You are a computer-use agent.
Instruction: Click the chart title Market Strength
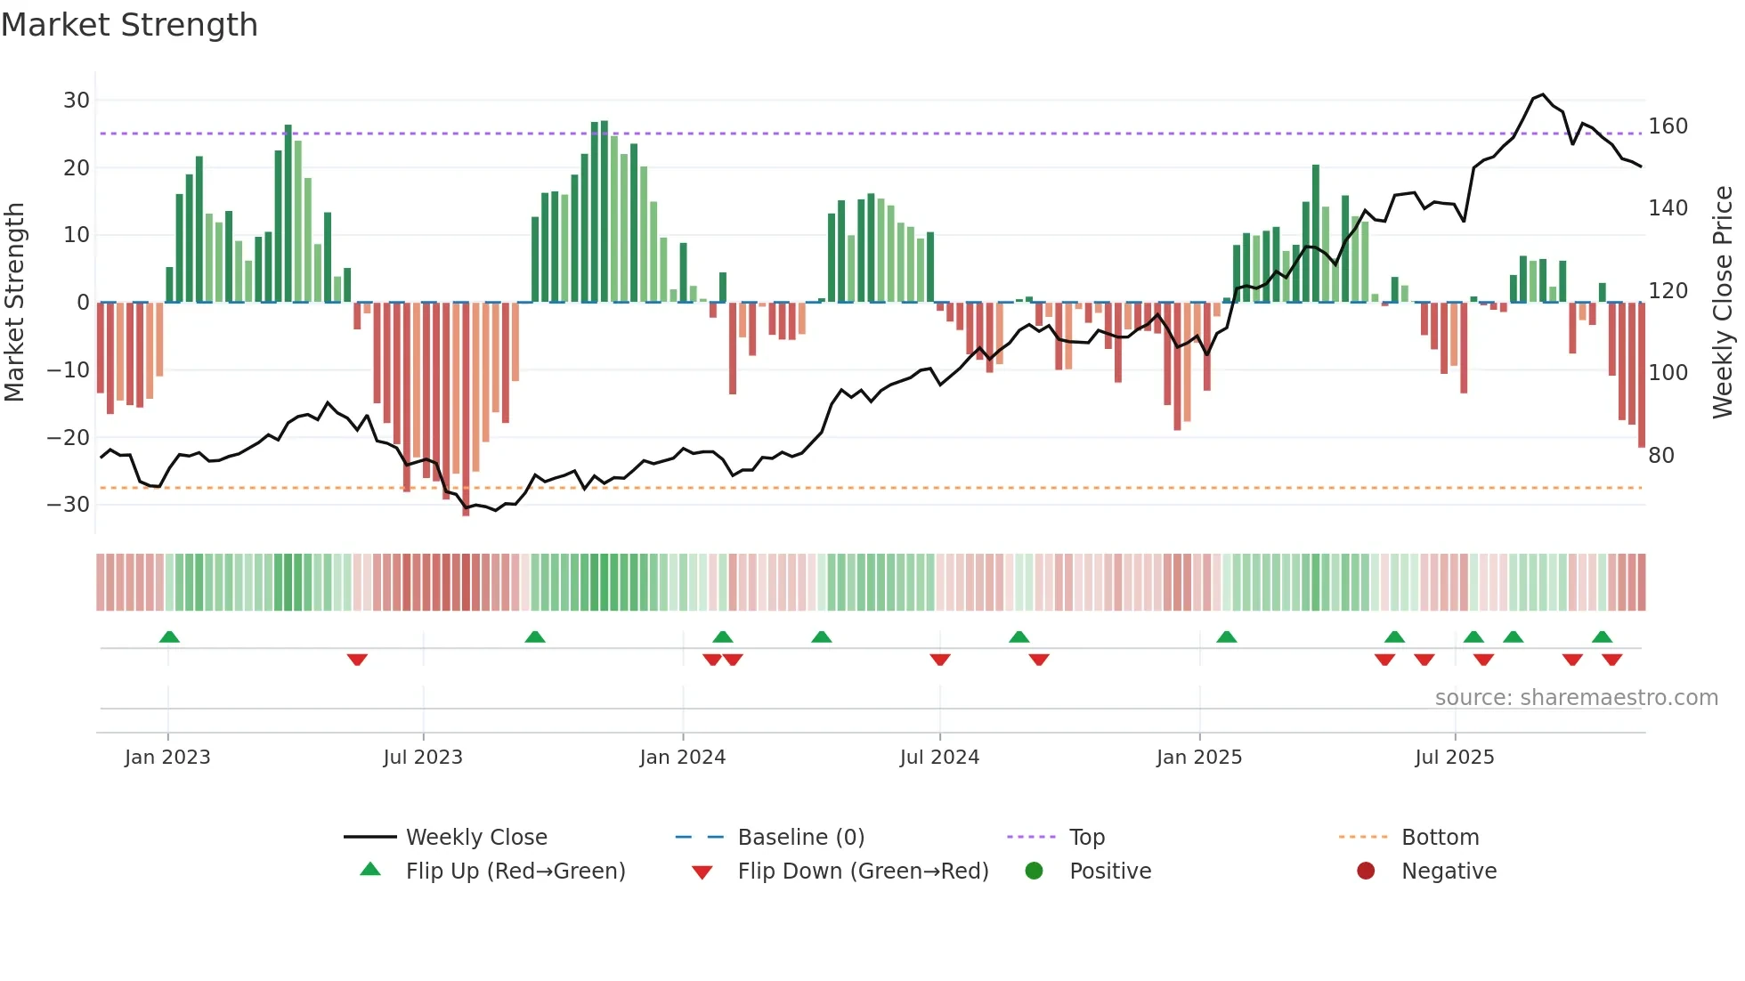tap(129, 25)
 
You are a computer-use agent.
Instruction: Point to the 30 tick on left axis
tap(77, 101)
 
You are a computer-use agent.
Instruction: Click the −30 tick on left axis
tap(69, 505)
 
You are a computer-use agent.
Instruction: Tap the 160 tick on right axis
tap(1668, 126)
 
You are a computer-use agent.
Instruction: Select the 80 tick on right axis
tap(1661, 456)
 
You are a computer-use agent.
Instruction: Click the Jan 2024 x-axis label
tap(682, 758)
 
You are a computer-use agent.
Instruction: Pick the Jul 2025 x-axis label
tap(1454, 758)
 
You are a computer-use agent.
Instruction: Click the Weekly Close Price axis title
tap(1723, 303)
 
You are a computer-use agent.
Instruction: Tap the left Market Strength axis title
tap(14, 303)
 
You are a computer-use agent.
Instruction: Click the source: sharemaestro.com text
tap(1576, 698)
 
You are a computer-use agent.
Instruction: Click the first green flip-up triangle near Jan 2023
tap(169, 636)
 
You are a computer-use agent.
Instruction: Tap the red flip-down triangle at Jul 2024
tap(940, 660)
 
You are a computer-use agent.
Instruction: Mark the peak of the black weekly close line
tap(1543, 94)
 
